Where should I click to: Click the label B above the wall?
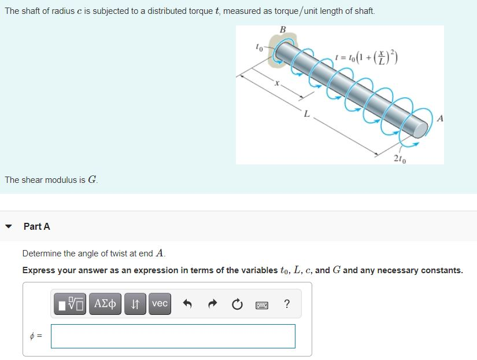(282, 30)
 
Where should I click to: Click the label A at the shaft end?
(441, 120)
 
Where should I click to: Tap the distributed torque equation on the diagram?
(368, 58)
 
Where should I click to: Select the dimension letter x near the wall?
(277, 85)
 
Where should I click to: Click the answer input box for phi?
(173, 336)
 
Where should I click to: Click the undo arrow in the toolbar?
(187, 304)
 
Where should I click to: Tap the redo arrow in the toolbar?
(212, 304)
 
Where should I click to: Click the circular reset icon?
(236, 304)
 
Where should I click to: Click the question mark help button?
(287, 304)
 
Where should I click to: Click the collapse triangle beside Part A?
(8, 226)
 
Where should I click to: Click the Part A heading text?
(37, 227)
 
